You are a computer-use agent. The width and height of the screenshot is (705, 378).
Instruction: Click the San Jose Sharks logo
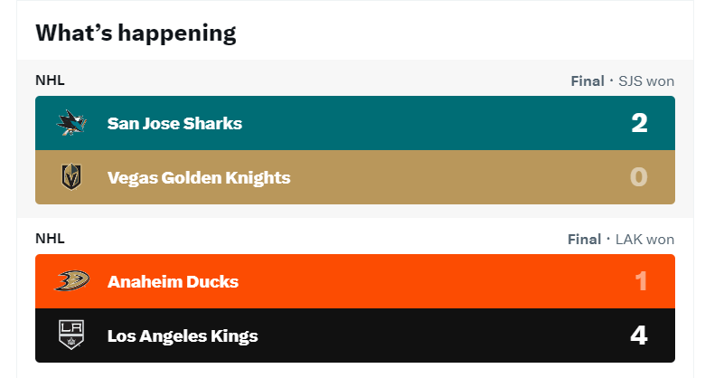(71, 123)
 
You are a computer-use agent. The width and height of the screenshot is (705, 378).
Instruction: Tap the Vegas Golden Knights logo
(71, 177)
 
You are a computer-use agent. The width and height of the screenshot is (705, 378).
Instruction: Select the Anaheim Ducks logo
(72, 281)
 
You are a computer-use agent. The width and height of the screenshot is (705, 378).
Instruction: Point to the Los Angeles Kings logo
(71, 335)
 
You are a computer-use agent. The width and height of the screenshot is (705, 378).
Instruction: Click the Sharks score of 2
(639, 123)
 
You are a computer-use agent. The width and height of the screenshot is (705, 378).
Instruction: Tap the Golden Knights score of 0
(639, 177)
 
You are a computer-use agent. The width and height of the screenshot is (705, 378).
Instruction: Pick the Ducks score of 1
(641, 281)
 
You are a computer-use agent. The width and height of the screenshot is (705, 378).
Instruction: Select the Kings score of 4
(639, 335)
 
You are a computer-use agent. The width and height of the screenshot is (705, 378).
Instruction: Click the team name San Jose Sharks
(174, 123)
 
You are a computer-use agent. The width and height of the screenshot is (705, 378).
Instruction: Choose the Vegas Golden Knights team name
(199, 178)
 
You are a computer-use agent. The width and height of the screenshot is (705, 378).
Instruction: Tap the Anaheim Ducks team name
(173, 282)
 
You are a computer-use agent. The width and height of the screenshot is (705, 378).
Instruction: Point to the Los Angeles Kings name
(183, 336)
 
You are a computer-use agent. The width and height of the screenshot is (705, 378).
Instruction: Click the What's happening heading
(136, 33)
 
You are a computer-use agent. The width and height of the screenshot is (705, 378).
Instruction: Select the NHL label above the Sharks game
(50, 80)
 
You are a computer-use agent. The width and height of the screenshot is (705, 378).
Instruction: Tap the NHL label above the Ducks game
(50, 238)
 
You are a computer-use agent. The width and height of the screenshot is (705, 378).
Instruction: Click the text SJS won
(646, 81)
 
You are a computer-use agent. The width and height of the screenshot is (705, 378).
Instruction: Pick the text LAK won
(644, 240)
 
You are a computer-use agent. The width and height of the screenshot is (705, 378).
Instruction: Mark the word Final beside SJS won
(587, 81)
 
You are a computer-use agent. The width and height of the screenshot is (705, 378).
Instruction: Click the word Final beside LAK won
(584, 240)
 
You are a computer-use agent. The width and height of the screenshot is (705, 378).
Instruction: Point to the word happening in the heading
(177, 34)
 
